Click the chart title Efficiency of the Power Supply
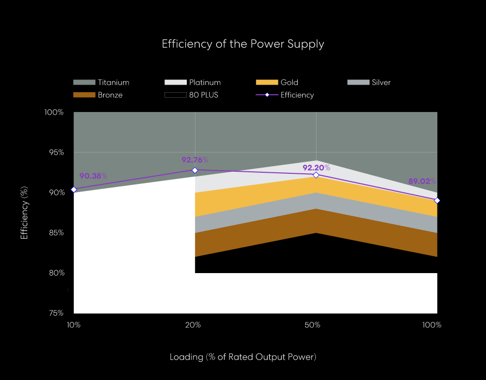[x=243, y=44]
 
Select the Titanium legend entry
[x=101, y=82]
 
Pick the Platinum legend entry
[x=193, y=82]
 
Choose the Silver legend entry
[x=370, y=82]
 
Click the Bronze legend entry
[x=98, y=95]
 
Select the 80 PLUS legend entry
[x=192, y=95]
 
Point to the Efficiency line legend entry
[x=286, y=95]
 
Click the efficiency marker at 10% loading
[x=74, y=189]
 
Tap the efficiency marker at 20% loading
[x=195, y=170]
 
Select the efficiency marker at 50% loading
[x=316, y=175]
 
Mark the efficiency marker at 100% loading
[x=437, y=201]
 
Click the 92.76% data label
[x=195, y=160]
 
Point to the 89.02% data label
[x=422, y=181]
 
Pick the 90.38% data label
[x=93, y=176]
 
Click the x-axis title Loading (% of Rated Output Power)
[x=243, y=357]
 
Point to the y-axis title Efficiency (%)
[x=24, y=213]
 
